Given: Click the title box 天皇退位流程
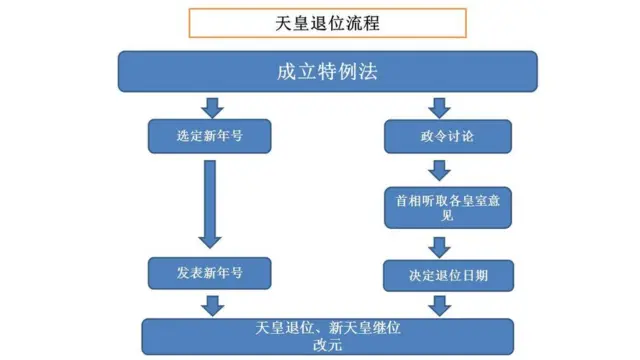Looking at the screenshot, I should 312,20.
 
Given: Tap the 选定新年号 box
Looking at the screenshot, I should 209,135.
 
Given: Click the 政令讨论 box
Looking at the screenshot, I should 434,135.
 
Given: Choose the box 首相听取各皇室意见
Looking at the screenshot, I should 434,206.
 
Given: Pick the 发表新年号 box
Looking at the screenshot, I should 209,271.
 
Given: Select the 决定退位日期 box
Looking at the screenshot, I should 434,272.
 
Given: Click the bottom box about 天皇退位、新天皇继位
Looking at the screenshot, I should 328,335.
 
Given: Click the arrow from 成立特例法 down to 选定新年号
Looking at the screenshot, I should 210,105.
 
